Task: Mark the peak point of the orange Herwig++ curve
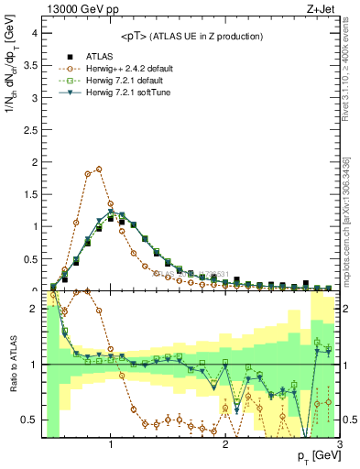[x=99, y=169]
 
